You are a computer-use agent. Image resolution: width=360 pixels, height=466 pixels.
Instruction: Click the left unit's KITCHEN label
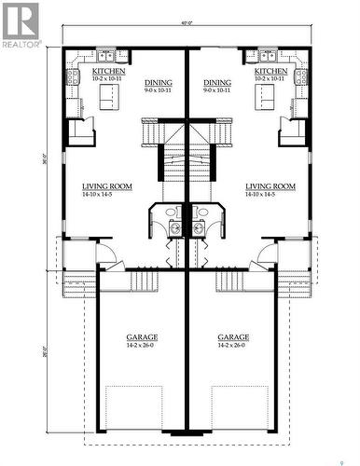(107, 71)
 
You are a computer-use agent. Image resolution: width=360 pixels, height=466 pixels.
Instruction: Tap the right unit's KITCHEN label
(270, 71)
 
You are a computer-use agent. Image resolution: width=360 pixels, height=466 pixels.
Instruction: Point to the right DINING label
(217, 82)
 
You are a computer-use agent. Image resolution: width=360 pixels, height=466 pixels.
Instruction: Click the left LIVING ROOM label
(106, 186)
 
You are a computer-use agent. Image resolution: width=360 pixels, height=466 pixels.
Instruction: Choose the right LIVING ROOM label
(270, 186)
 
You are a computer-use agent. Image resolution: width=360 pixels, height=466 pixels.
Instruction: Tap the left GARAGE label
(142, 336)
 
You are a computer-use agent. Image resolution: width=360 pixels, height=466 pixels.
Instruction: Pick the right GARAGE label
(233, 336)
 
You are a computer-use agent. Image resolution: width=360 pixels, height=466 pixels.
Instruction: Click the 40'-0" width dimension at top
(187, 36)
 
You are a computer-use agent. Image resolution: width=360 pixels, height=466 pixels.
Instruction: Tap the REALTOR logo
(21, 25)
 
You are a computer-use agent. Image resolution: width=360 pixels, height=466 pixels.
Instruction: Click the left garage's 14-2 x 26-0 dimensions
(142, 346)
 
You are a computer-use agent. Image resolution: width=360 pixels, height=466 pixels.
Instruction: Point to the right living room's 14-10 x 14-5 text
(270, 195)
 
